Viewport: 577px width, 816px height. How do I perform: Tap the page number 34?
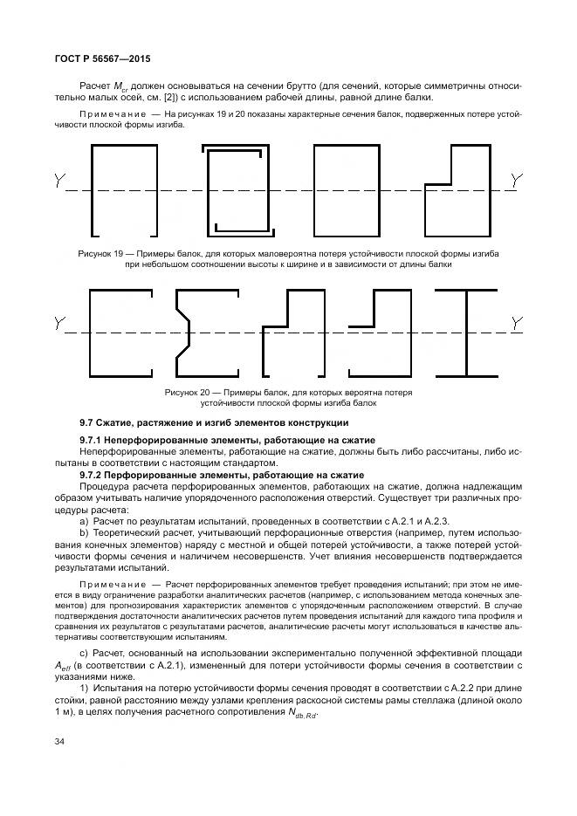(x=59, y=742)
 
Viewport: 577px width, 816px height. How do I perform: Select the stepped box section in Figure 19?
(x=458, y=190)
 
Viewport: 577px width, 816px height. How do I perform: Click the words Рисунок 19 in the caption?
(x=100, y=253)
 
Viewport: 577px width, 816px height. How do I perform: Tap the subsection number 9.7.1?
(x=92, y=440)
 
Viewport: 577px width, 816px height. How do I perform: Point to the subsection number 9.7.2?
(x=92, y=474)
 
